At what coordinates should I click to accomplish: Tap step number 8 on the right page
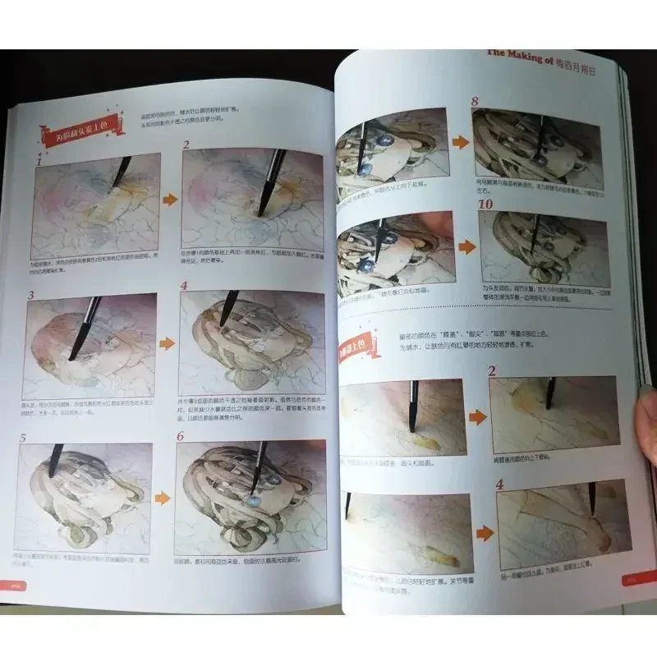[475, 102]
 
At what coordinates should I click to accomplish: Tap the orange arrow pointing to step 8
[461, 141]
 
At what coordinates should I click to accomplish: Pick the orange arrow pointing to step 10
[464, 245]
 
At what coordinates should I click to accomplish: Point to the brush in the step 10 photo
[534, 234]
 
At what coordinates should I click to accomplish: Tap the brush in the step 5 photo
[56, 461]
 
